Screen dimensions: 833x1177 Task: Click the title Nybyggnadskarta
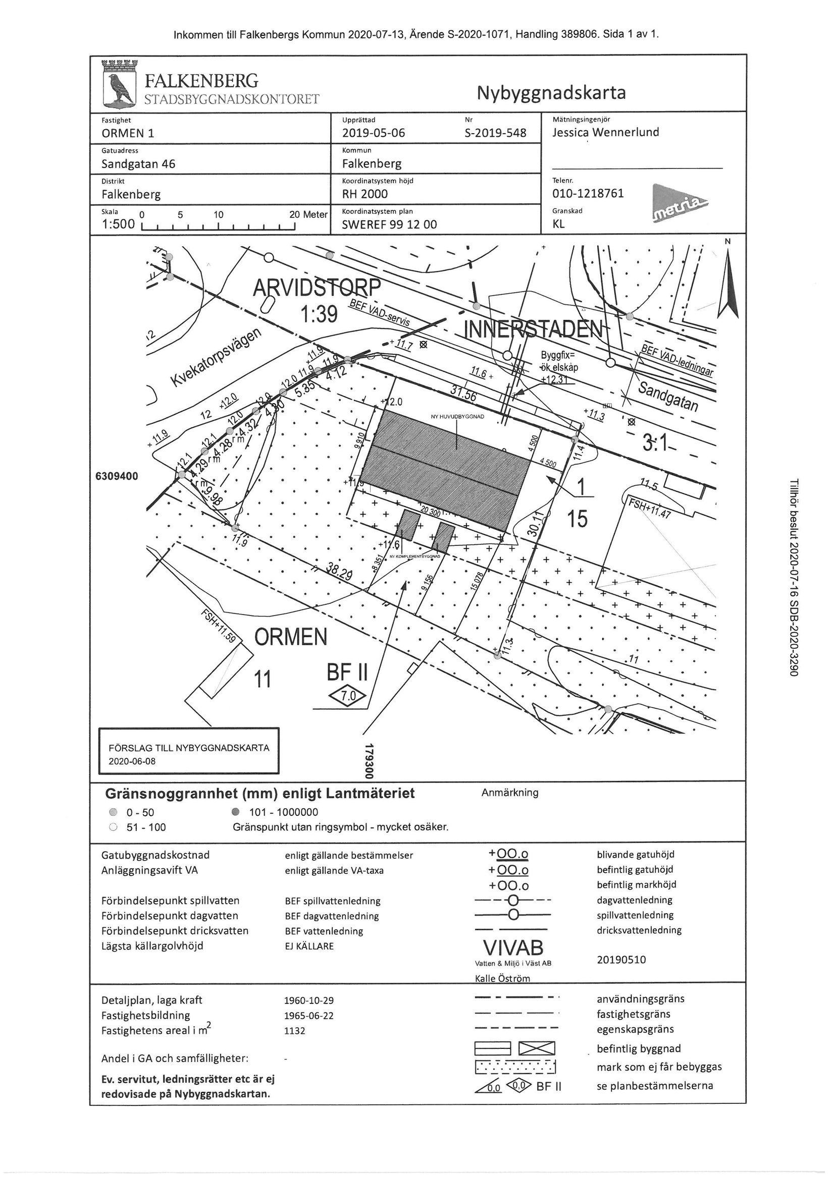coord(551,93)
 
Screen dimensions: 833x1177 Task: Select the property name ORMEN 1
coord(128,133)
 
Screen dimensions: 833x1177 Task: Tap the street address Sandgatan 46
coord(138,164)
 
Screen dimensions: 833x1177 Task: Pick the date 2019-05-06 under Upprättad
coord(374,133)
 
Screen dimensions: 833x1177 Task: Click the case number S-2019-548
coord(495,133)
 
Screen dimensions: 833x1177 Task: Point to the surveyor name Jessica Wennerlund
coord(606,132)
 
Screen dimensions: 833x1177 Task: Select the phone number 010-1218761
coord(588,193)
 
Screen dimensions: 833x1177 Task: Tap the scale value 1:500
coord(118,224)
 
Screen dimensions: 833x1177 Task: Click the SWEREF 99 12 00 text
coord(389,225)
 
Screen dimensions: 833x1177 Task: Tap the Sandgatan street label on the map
coord(668,396)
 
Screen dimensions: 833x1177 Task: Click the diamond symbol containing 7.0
coord(348,696)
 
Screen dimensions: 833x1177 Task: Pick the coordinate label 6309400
coord(117,476)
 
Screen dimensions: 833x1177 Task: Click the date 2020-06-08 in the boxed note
coord(132,761)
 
